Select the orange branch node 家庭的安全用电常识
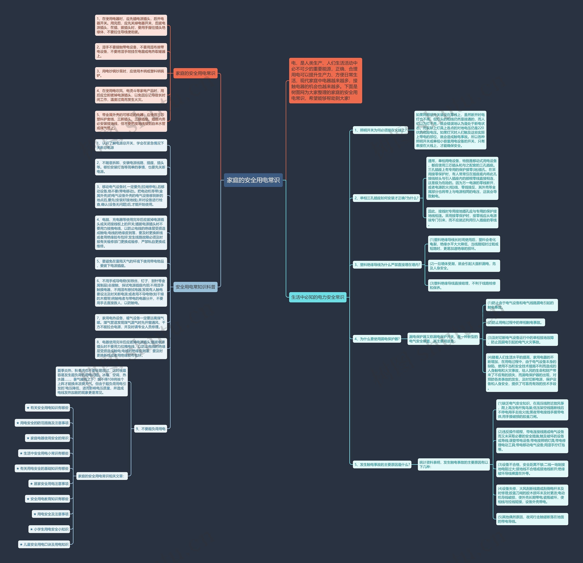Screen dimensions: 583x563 tap(195, 73)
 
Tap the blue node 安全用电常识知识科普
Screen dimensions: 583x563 tap(195, 287)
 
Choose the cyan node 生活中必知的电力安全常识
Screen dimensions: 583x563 tap(317, 297)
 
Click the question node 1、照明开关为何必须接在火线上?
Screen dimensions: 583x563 tap(380, 130)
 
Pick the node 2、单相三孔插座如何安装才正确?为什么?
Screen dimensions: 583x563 tap(386, 198)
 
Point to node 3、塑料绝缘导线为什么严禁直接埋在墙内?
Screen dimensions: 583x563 tap(387, 265)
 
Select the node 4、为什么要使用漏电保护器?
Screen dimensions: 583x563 tap(377, 339)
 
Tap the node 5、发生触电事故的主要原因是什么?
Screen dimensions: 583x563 tap(382, 465)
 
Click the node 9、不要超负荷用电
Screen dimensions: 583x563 tap(151, 429)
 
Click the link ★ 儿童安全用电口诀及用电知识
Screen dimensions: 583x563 tap(44, 545)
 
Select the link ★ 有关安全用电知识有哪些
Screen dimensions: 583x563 tap(48, 408)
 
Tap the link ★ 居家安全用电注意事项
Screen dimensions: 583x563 tap(49, 484)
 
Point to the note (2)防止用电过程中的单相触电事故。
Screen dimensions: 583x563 tap(515, 322)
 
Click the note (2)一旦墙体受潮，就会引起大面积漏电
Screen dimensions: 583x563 tap(463, 266)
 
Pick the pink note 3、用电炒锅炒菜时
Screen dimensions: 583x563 tap(131, 73)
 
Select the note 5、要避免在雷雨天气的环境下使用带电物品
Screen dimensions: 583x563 tap(131, 263)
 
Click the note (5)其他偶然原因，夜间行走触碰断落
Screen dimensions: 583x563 tap(532, 519)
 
